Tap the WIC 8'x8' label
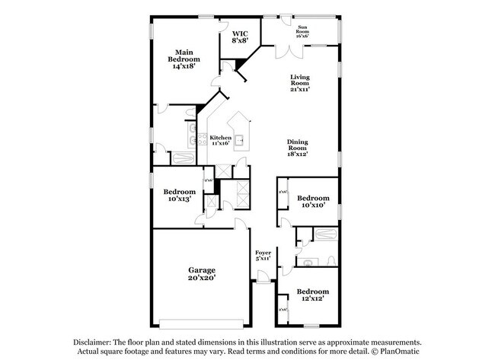pyautogui.click(x=241, y=37)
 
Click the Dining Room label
pyautogui.click(x=298, y=148)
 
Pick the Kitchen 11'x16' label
pyautogui.click(x=221, y=141)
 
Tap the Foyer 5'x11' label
pyautogui.click(x=263, y=256)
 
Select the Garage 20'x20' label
pyautogui.click(x=203, y=274)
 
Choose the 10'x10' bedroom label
pyautogui.click(x=312, y=202)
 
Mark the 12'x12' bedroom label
pyautogui.click(x=312, y=296)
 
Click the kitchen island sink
pyautogui.click(x=240, y=140)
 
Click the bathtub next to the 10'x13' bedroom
pyautogui.click(x=184, y=159)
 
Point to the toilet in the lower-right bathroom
pyautogui.click(x=331, y=260)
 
